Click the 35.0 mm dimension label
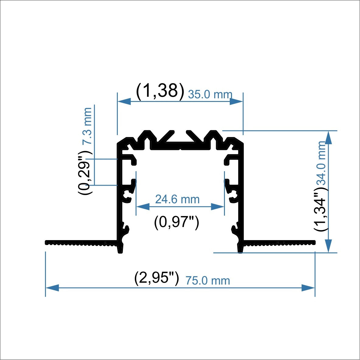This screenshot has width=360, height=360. tap(210, 94)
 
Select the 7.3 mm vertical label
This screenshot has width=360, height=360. tap(88, 126)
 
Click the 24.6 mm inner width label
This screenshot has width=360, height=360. tap(177, 199)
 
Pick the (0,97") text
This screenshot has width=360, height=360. tap(177, 222)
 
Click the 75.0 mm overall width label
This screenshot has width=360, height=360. tap(208, 281)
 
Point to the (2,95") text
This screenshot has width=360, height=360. tap(156, 278)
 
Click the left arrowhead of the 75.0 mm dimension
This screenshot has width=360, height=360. tap(52, 288)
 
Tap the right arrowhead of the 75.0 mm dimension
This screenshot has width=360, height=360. tap(308, 288)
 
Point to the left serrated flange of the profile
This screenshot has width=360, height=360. tap(81, 243)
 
